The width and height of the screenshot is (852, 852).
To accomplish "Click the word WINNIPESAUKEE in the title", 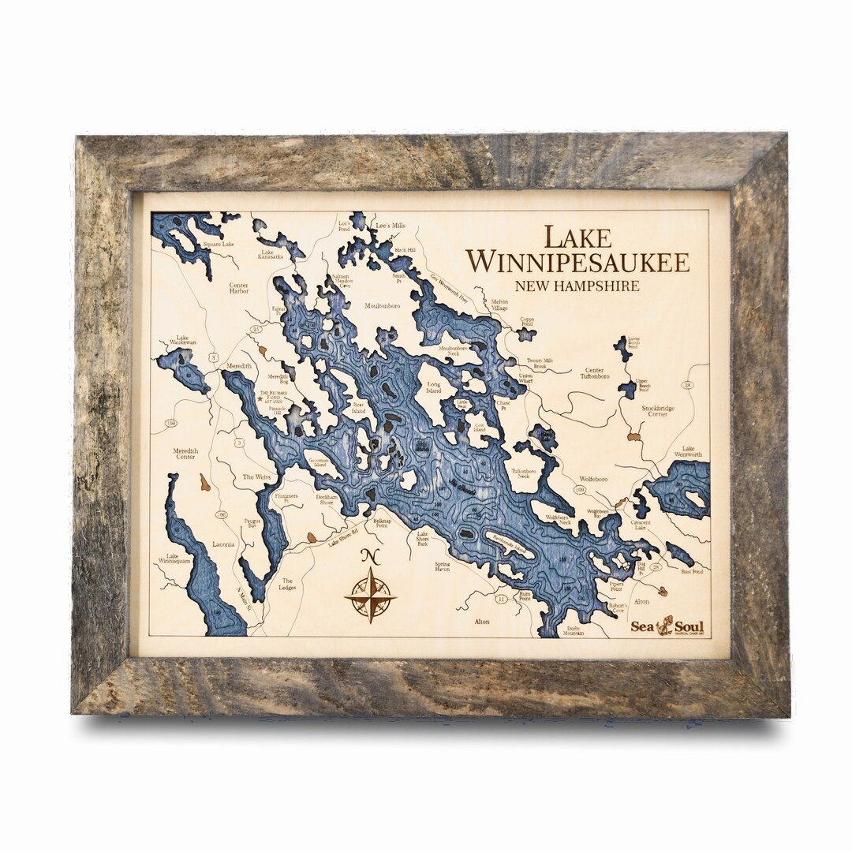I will pyautogui.click(x=578, y=262).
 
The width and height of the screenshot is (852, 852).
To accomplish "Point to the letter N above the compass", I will pyautogui.click(x=370, y=555).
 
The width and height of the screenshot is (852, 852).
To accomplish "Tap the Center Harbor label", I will pyautogui.click(x=238, y=286).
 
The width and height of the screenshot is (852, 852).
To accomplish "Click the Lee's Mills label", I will pyautogui.click(x=390, y=226).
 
